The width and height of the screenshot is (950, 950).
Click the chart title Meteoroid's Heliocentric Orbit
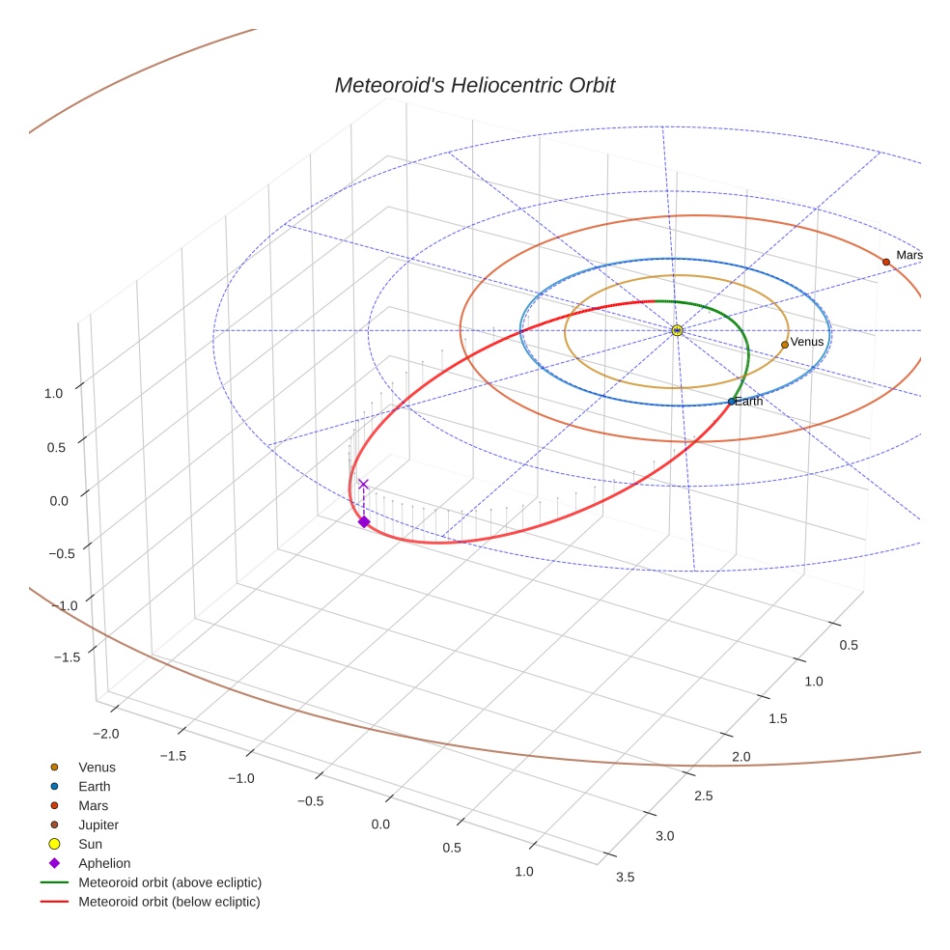coord(474,86)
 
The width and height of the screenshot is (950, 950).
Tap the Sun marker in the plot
coord(677,330)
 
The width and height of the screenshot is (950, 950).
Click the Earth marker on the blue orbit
coord(732,401)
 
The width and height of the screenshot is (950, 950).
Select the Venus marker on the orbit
coord(785,344)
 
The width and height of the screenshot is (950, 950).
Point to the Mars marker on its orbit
coord(885,262)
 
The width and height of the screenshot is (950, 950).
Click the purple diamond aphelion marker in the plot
coord(364,521)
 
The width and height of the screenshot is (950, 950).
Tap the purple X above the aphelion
coord(363,484)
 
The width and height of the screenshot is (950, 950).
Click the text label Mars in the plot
coord(909,255)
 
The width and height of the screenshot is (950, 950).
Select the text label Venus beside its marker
coord(807,342)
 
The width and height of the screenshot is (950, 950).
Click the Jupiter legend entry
coord(98,824)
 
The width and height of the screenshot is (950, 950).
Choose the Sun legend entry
coord(91,844)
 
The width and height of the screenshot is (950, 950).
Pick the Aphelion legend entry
coord(104,863)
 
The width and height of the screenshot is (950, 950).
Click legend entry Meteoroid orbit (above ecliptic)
coord(170,882)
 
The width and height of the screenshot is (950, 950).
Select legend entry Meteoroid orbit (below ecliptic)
coord(169,902)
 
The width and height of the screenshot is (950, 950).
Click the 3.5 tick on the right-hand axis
coord(625,877)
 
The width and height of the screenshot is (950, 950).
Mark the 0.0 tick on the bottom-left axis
coord(380,824)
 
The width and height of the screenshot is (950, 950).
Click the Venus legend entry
coord(97,767)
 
